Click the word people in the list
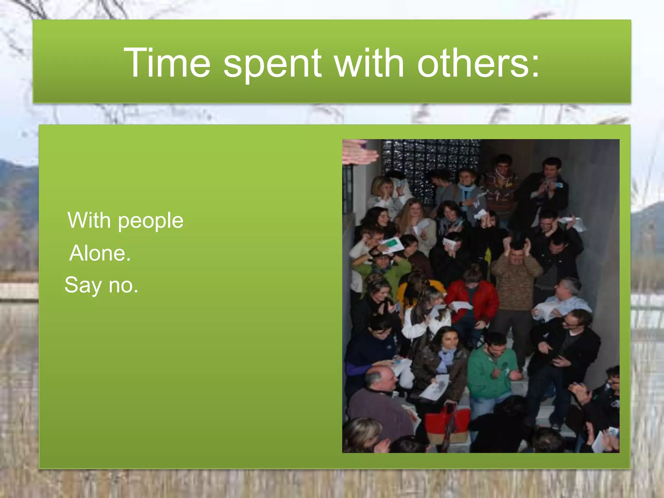150,222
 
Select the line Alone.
100,253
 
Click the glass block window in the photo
431,162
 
